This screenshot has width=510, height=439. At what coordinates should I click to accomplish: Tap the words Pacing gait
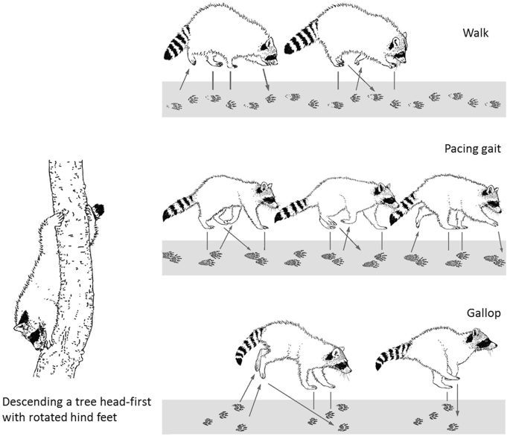point(471,149)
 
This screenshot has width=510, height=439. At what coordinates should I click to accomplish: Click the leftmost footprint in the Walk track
point(176,106)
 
